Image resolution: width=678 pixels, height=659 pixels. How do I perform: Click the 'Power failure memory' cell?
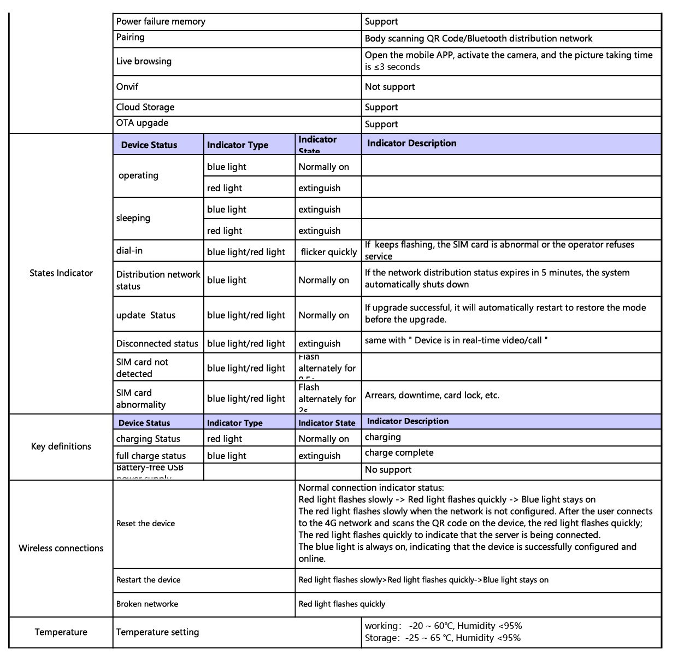pyautogui.click(x=161, y=22)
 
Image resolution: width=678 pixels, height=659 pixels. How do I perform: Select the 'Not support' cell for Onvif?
pyautogui.click(x=390, y=87)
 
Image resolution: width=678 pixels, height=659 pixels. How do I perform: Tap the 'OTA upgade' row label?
pyautogui.click(x=142, y=123)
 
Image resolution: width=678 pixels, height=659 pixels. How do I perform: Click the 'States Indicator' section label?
pyautogui.click(x=61, y=273)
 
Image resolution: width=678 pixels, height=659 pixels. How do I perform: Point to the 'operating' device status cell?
pyautogui.click(x=138, y=175)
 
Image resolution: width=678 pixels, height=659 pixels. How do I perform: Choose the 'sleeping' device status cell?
pyautogui.click(x=133, y=218)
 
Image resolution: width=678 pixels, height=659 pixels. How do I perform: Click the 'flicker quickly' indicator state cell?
pyautogui.click(x=328, y=252)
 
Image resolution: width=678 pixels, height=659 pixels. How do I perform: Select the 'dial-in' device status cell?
pyautogui.click(x=129, y=251)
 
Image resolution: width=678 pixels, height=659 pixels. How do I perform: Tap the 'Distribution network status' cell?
pyautogui.click(x=158, y=280)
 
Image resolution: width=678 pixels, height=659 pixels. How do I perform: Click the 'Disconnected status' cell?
pyautogui.click(x=157, y=344)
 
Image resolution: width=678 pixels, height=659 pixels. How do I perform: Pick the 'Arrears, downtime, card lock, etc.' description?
pyautogui.click(x=432, y=396)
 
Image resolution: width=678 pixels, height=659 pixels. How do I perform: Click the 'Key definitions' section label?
pyautogui.click(x=61, y=446)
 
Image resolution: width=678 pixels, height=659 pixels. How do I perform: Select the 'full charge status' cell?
pyautogui.click(x=151, y=456)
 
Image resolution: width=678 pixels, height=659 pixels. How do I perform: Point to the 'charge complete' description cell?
pyautogui.click(x=399, y=453)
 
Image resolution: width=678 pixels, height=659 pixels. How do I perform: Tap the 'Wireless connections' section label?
pyautogui.click(x=61, y=549)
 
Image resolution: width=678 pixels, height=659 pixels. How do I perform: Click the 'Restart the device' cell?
pyautogui.click(x=148, y=580)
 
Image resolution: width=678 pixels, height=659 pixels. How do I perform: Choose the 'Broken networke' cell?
pyautogui.click(x=147, y=604)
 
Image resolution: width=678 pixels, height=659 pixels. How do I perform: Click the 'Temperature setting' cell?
pyautogui.click(x=157, y=632)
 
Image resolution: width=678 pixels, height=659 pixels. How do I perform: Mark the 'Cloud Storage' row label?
pyautogui.click(x=145, y=107)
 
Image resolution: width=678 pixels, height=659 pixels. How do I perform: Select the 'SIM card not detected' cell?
pyautogui.click(x=142, y=368)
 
